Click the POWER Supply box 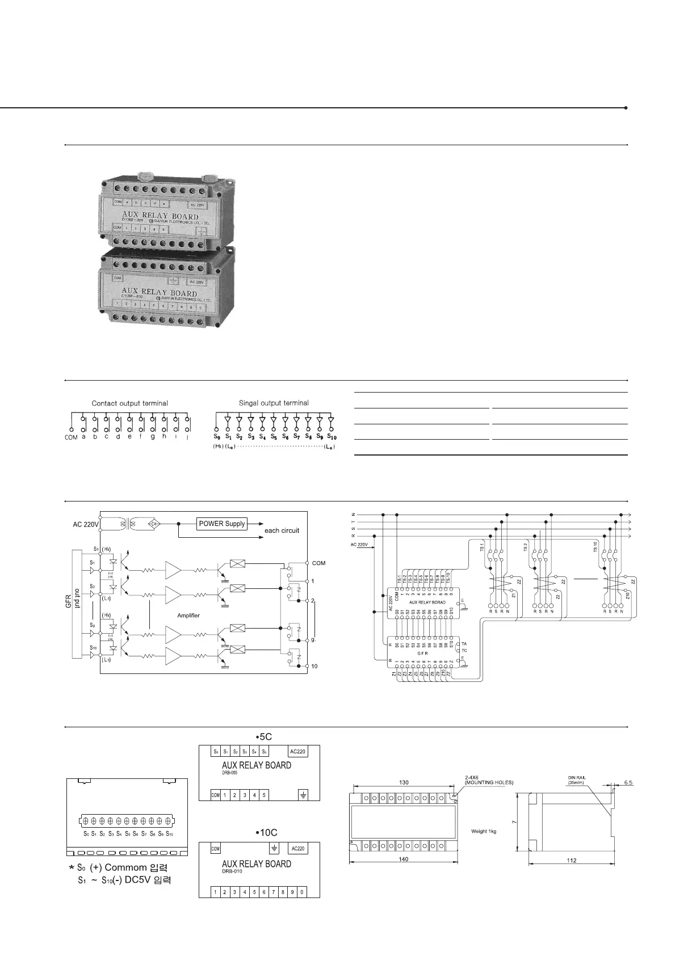coord(222,524)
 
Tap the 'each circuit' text coord(282,531)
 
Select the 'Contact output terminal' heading coord(130,403)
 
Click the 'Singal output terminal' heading coord(274,403)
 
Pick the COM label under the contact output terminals coord(71,437)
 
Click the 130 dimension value coord(404,782)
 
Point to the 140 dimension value coord(403,859)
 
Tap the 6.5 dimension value coord(627,783)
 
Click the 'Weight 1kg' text coord(484,831)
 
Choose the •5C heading coord(263,737)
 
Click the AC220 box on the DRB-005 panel coord(298,752)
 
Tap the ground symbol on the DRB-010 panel coord(275,848)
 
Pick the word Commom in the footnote coord(126,868)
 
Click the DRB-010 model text coord(232,871)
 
